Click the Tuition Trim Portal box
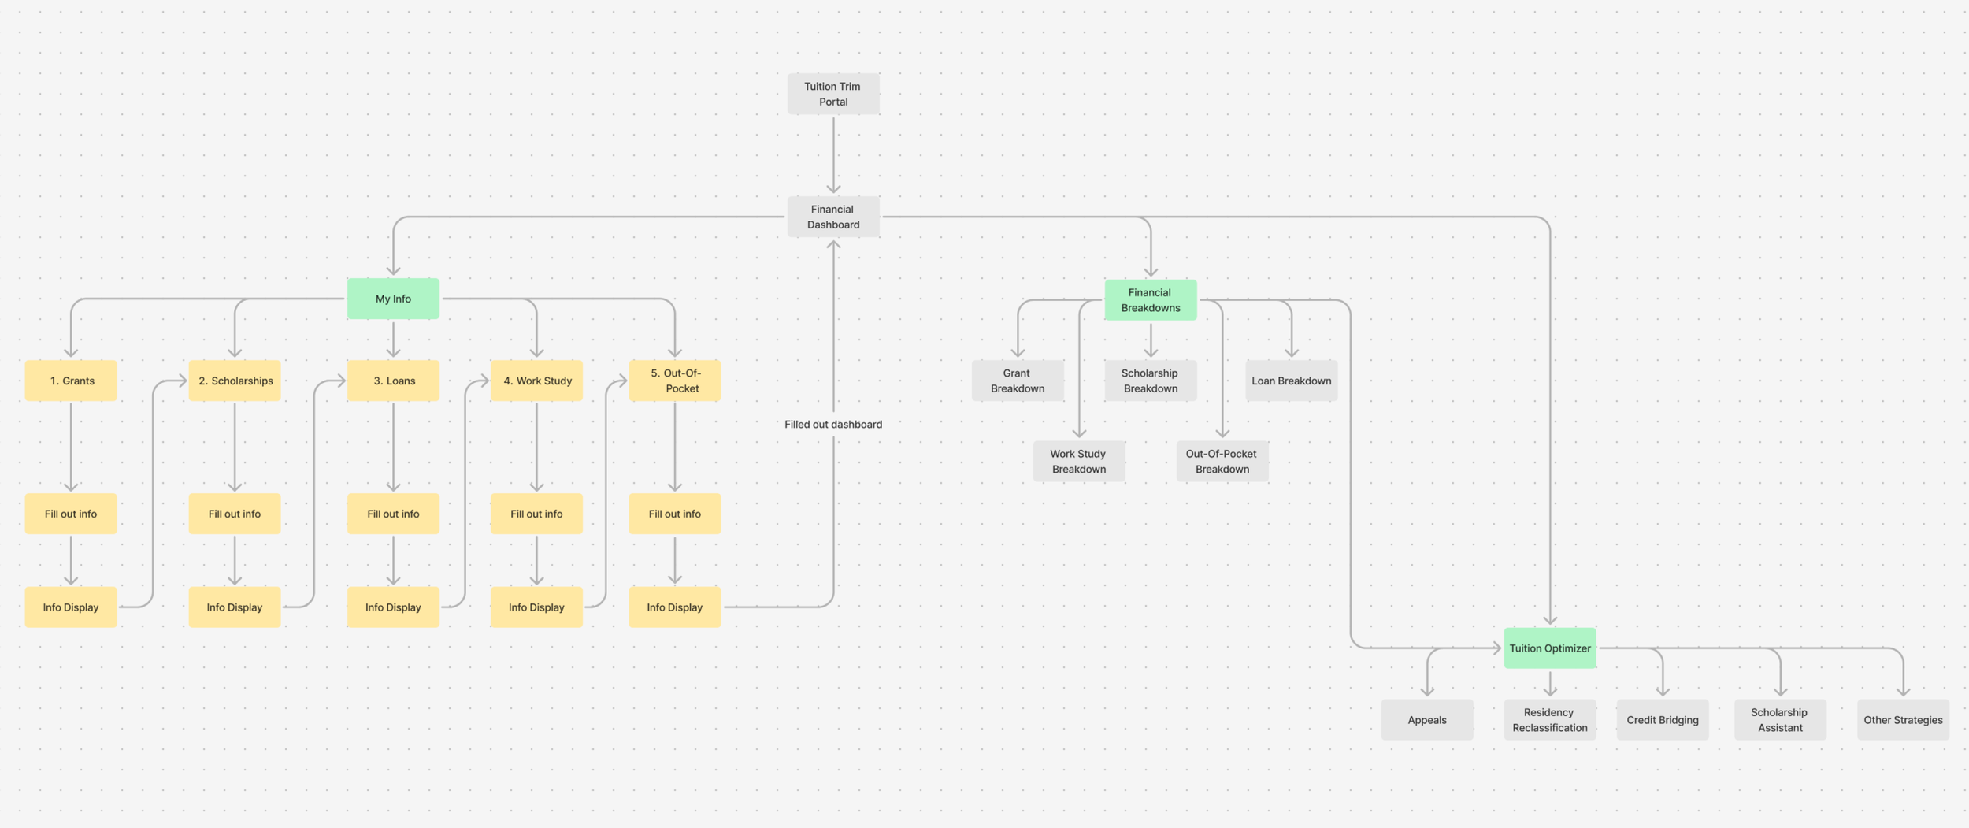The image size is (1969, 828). pyautogui.click(x=832, y=94)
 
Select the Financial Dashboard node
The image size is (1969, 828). pyautogui.click(x=832, y=217)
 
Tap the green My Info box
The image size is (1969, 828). pyautogui.click(x=393, y=299)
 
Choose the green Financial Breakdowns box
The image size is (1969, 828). pyautogui.click(x=1150, y=300)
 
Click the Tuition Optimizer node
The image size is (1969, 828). pyautogui.click(x=1549, y=648)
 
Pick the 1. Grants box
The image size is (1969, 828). pyautogui.click(x=71, y=381)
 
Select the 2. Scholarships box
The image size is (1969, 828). pyautogui.click(x=235, y=381)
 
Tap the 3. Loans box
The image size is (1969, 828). pyautogui.click(x=393, y=381)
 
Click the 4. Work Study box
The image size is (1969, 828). pyautogui.click(x=536, y=381)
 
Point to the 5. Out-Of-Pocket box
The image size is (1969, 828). pyautogui.click(x=674, y=381)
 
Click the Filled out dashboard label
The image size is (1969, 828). pyautogui.click(x=832, y=424)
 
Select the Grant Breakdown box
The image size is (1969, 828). pyautogui.click(x=1017, y=381)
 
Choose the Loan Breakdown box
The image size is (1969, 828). pyautogui.click(x=1291, y=381)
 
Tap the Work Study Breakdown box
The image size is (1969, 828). pyautogui.click(x=1078, y=461)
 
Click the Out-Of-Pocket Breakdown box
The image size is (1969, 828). pyautogui.click(x=1222, y=461)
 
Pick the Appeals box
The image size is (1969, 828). pyautogui.click(x=1426, y=719)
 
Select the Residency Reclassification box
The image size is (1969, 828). pyautogui.click(x=1549, y=719)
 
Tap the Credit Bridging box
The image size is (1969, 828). pyautogui.click(x=1662, y=719)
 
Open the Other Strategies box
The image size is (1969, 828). pyautogui.click(x=1902, y=719)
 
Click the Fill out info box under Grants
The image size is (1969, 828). pyautogui.click(x=71, y=514)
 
